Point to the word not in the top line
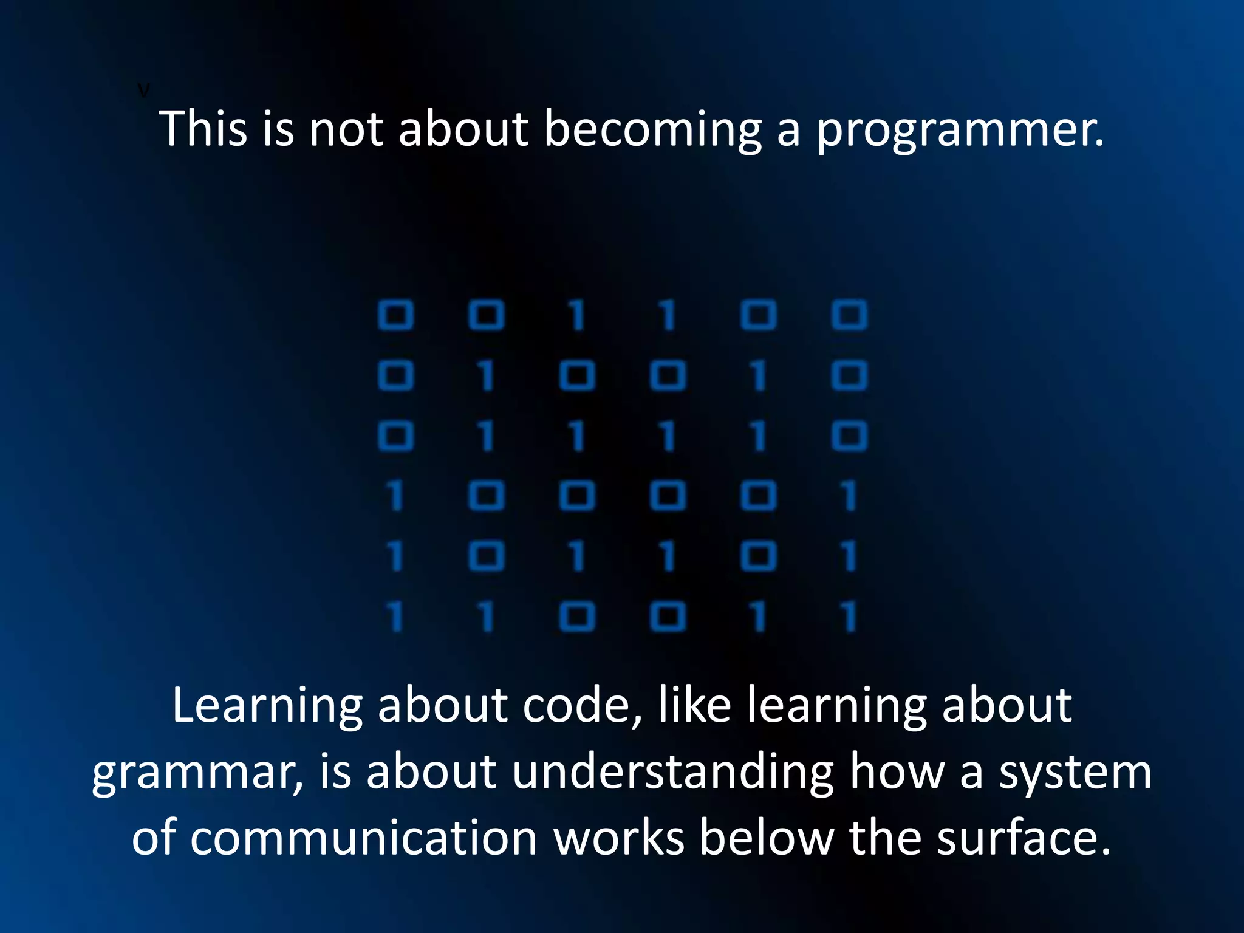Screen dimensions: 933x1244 [x=346, y=129]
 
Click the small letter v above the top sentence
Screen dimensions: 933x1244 [x=143, y=91]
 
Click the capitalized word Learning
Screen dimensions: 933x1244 [x=267, y=707]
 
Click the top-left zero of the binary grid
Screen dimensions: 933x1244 [x=395, y=315]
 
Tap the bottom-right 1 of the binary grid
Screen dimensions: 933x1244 [x=849, y=617]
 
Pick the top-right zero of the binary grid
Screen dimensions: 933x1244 [x=849, y=315]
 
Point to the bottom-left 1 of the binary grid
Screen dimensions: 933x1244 [x=395, y=617]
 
